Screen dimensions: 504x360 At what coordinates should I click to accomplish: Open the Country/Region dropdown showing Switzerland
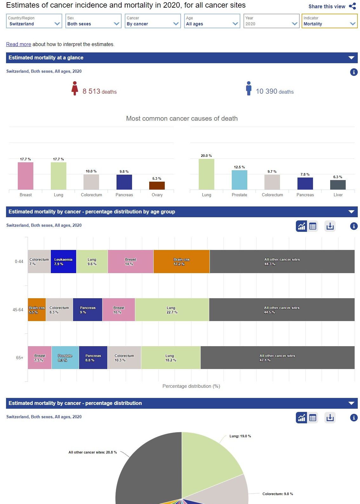coord(34,21)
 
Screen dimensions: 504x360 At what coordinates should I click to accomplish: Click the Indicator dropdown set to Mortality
coord(329,21)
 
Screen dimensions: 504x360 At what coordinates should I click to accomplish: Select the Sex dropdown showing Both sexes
coord(93,21)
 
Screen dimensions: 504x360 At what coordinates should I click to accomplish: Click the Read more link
coord(19,44)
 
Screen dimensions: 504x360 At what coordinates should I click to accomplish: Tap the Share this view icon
coord(352,6)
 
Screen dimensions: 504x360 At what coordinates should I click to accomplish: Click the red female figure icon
coord(75,88)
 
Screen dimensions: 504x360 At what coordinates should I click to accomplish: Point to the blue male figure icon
coord(249,88)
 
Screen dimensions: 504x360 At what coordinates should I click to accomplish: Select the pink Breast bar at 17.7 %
coord(25,176)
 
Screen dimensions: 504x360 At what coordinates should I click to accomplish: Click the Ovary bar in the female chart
coord(157,185)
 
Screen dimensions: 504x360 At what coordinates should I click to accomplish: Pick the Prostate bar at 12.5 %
coord(239,180)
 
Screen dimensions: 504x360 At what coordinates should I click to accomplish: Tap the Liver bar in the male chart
coord(338,185)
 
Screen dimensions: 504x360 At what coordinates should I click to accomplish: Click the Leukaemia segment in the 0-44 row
coord(63,261)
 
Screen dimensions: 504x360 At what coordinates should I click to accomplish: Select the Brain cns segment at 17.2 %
coord(181,261)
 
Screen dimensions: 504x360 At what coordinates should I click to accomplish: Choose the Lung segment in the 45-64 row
coord(172,310)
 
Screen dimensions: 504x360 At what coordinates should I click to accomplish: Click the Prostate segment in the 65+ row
coord(65,358)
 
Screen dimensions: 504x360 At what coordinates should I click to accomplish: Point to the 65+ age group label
coord(20,358)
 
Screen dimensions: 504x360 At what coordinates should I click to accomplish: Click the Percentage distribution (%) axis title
coord(191,386)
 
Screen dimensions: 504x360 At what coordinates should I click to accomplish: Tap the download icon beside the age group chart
coord(330,226)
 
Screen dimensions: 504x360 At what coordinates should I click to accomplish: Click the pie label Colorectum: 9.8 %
coord(277,494)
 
